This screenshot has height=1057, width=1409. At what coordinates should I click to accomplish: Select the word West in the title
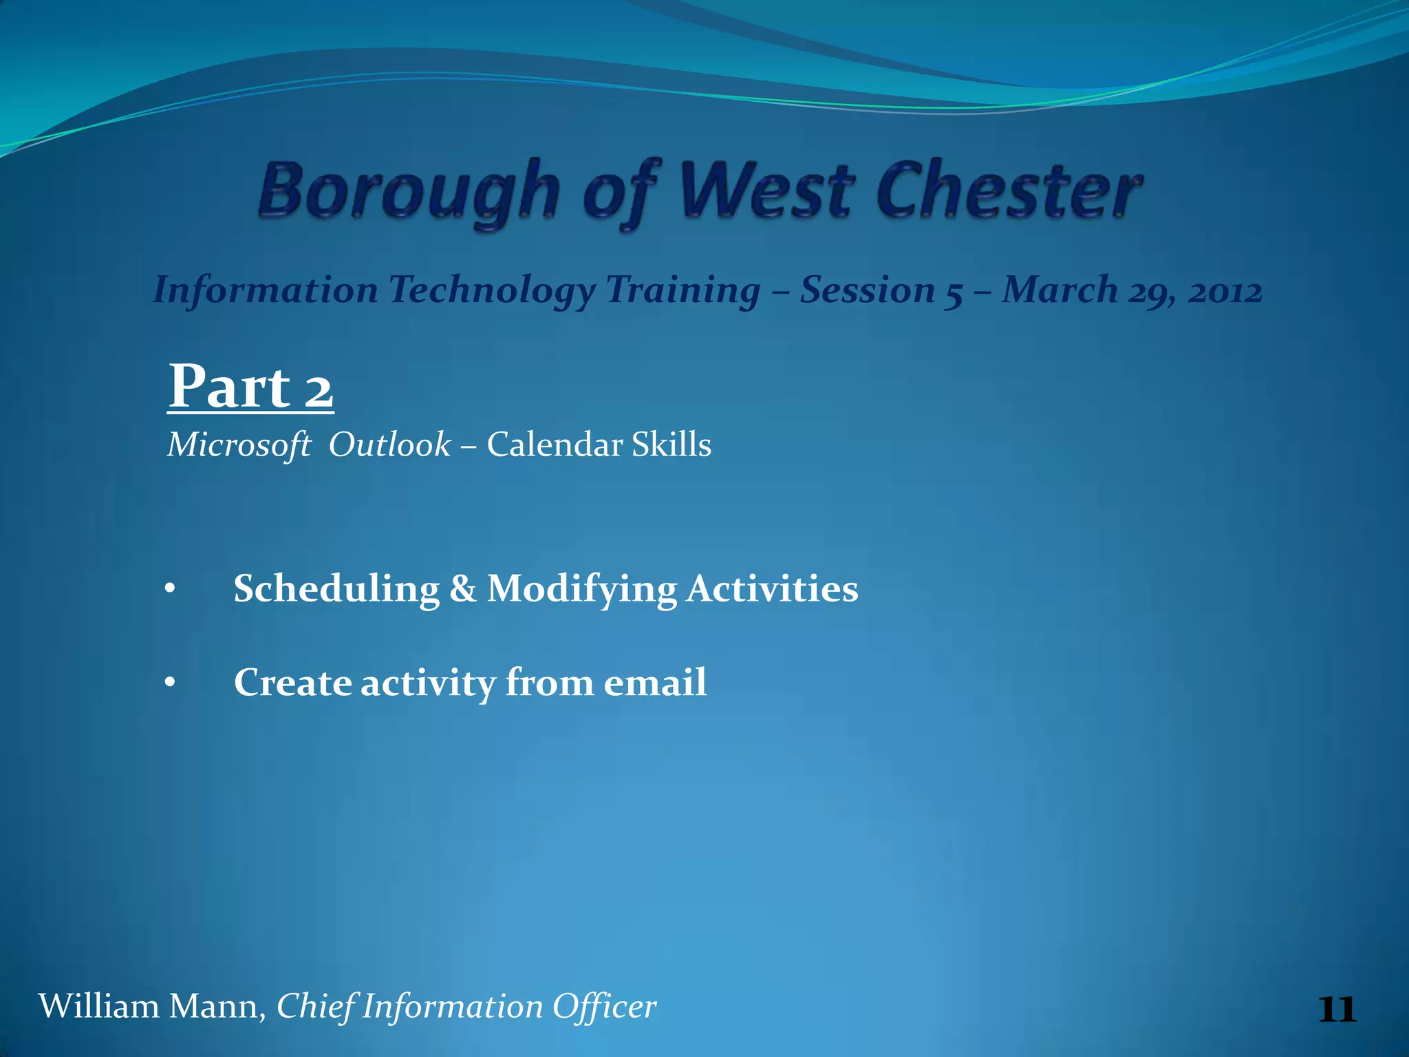(x=767, y=191)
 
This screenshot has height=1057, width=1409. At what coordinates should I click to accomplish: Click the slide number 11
(x=1337, y=1010)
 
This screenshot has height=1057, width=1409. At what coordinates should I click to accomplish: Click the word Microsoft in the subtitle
(x=239, y=445)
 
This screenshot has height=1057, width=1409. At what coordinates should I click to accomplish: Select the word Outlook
(x=389, y=445)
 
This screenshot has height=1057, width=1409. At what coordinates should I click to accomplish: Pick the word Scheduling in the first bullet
(x=336, y=589)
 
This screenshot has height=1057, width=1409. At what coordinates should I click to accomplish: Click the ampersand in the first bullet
(x=462, y=589)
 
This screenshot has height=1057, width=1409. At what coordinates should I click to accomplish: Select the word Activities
(x=772, y=589)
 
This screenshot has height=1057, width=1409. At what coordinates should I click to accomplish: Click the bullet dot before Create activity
(x=171, y=683)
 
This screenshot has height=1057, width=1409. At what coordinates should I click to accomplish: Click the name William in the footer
(x=98, y=1007)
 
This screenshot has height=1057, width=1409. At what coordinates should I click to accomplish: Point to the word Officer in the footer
(x=605, y=1007)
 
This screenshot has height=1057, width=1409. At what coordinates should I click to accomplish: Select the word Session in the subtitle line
(x=867, y=290)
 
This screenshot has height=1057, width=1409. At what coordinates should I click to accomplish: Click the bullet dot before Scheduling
(x=171, y=590)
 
